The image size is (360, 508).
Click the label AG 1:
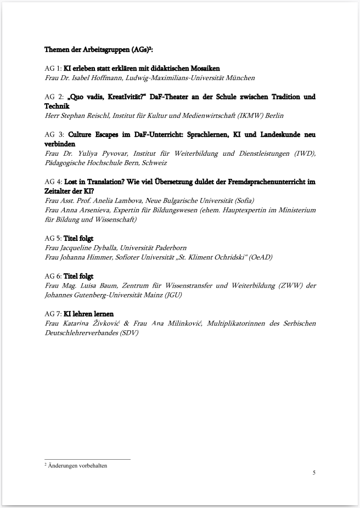pos(53,69)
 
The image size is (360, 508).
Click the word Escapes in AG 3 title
pos(115,135)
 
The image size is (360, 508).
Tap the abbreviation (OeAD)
pos(260,257)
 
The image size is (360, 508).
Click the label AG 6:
pos(53,276)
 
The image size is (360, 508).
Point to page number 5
pos(314,472)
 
